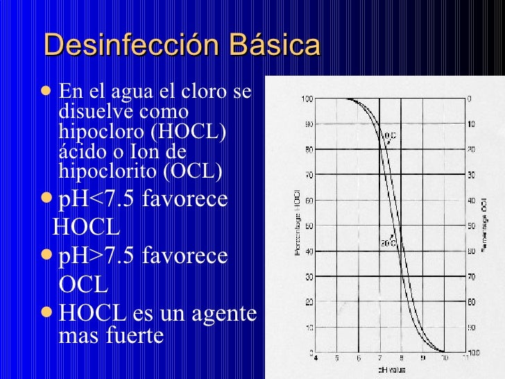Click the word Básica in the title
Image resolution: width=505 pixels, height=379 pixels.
[x=277, y=46]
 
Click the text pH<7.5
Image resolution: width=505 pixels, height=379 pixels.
[x=97, y=200]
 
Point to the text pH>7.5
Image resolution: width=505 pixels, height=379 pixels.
[x=97, y=256]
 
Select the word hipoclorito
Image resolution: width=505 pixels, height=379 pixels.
[x=103, y=169]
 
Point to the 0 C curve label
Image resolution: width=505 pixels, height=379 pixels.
[x=389, y=135]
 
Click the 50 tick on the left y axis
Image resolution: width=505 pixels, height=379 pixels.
[x=307, y=226]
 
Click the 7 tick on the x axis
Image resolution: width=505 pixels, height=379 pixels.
[x=380, y=358]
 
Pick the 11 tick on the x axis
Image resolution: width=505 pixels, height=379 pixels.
[x=465, y=358]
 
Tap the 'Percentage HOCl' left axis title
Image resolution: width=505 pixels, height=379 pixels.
[x=296, y=222]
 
